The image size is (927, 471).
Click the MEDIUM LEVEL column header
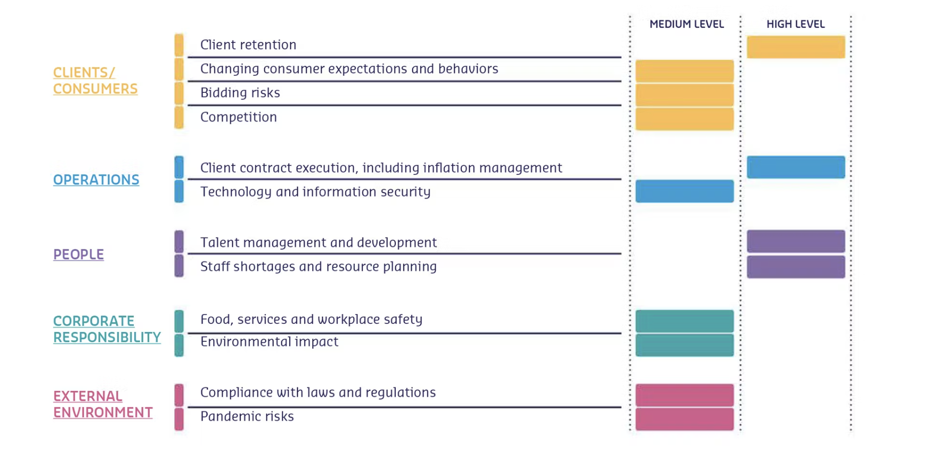point(686,24)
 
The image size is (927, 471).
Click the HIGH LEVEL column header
point(795,24)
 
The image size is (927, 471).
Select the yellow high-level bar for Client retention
point(795,47)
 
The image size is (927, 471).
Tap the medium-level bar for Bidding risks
point(684,94)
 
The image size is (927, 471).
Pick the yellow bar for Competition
point(684,119)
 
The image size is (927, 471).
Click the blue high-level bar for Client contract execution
point(795,167)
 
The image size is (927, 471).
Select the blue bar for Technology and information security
point(684,191)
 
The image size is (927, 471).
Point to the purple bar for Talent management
point(795,241)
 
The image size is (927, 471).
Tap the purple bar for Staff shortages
point(795,267)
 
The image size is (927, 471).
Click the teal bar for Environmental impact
point(684,345)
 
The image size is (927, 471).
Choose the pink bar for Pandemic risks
point(684,419)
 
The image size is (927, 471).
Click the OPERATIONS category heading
point(96,180)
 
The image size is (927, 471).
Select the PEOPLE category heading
point(78,254)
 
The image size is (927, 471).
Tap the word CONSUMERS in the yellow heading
point(95,89)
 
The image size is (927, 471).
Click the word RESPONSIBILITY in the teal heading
point(107,337)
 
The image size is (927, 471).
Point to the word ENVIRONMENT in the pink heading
point(103,413)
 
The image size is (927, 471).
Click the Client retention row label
point(248,45)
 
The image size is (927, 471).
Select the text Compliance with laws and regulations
point(318,392)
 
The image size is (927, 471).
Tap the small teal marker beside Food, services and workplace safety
point(179,321)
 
